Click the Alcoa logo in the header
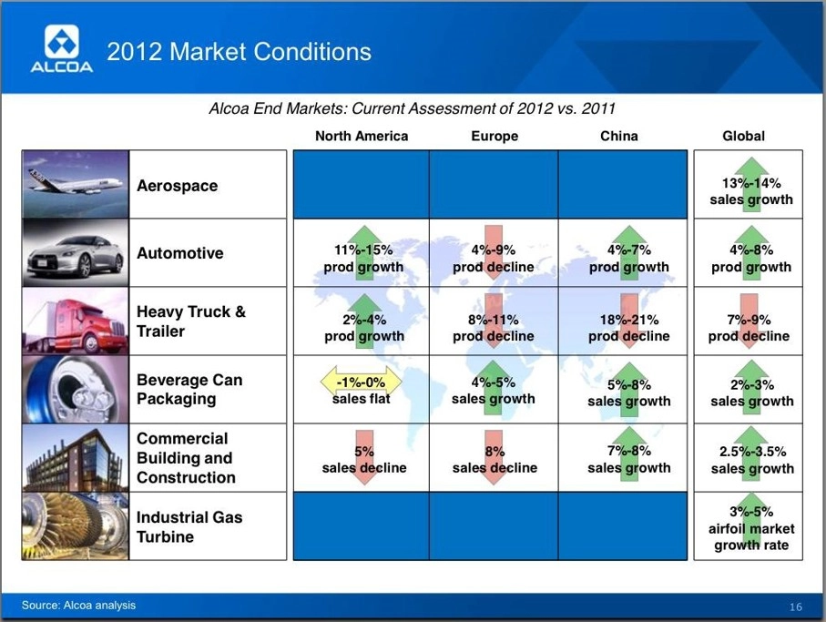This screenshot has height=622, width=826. (x=62, y=48)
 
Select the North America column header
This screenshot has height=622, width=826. (x=362, y=137)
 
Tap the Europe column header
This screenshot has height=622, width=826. (x=495, y=137)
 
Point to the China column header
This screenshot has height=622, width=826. (x=619, y=137)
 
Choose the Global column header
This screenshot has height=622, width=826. (x=743, y=137)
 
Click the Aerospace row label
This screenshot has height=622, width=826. (x=177, y=186)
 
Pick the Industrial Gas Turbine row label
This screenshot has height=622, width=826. (x=189, y=526)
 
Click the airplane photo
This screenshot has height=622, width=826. (x=76, y=184)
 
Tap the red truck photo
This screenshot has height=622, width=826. (x=76, y=321)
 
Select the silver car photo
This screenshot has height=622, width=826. (x=76, y=253)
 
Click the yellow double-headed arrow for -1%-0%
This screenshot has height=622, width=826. (x=362, y=382)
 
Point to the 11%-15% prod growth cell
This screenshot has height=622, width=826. (x=363, y=253)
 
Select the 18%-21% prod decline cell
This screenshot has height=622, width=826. (x=629, y=321)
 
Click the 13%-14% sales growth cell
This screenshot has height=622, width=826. (x=750, y=184)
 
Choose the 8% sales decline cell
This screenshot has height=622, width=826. (x=495, y=458)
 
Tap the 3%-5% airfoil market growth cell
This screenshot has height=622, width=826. (x=750, y=526)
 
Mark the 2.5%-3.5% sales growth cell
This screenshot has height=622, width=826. (x=751, y=458)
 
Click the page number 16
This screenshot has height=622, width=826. (x=795, y=607)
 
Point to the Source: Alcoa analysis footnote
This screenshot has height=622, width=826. (x=78, y=605)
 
